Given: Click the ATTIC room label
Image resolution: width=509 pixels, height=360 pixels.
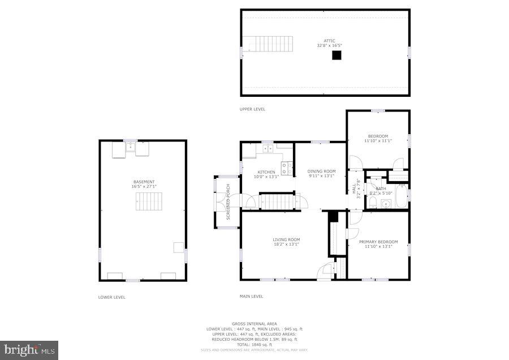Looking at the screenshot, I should pyautogui.click(x=329, y=41).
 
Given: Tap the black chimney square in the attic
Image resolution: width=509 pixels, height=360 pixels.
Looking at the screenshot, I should pyautogui.click(x=337, y=55).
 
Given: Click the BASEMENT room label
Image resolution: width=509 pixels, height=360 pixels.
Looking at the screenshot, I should pyautogui.click(x=144, y=182).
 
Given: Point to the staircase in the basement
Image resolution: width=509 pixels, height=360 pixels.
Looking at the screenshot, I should pyautogui.click(x=148, y=201).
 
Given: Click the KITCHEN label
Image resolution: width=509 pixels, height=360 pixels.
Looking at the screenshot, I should pyautogui.click(x=266, y=172).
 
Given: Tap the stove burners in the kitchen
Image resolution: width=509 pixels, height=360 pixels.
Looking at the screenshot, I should pyautogui.click(x=287, y=168).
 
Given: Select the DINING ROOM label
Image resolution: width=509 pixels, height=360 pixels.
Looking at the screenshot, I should pyautogui.click(x=321, y=172).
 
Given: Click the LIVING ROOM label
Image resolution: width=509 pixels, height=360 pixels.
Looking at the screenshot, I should pyautogui.click(x=286, y=240).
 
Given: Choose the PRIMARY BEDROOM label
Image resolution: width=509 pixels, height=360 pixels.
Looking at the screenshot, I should pyautogui.click(x=378, y=242).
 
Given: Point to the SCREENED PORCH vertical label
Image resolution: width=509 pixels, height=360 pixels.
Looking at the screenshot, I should pyautogui.click(x=228, y=202).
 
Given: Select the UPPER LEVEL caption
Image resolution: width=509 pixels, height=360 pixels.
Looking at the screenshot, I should pyautogui.click(x=252, y=109).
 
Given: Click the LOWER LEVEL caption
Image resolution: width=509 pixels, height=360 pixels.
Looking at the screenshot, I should pyautogui.click(x=111, y=297).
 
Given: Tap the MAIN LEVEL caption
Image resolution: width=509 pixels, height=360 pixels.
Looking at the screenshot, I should pyautogui.click(x=252, y=296).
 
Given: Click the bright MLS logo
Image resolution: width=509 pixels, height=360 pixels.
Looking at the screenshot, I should pyautogui.click(x=29, y=350).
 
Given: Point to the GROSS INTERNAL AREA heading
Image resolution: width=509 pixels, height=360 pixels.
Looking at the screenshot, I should pyautogui.click(x=254, y=324).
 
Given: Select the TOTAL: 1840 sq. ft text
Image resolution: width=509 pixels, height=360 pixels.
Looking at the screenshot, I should pyautogui.click(x=254, y=344).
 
